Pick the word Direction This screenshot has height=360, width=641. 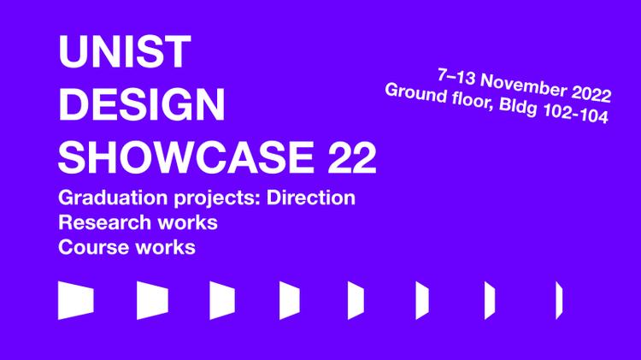pyautogui.click(x=311, y=198)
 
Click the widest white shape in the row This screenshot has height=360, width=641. pyautogui.click(x=75, y=299)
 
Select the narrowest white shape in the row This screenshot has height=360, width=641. pyautogui.click(x=559, y=299)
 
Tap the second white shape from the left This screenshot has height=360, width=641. pyautogui.click(x=152, y=299)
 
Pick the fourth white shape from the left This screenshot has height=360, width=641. pyautogui.click(x=290, y=299)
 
